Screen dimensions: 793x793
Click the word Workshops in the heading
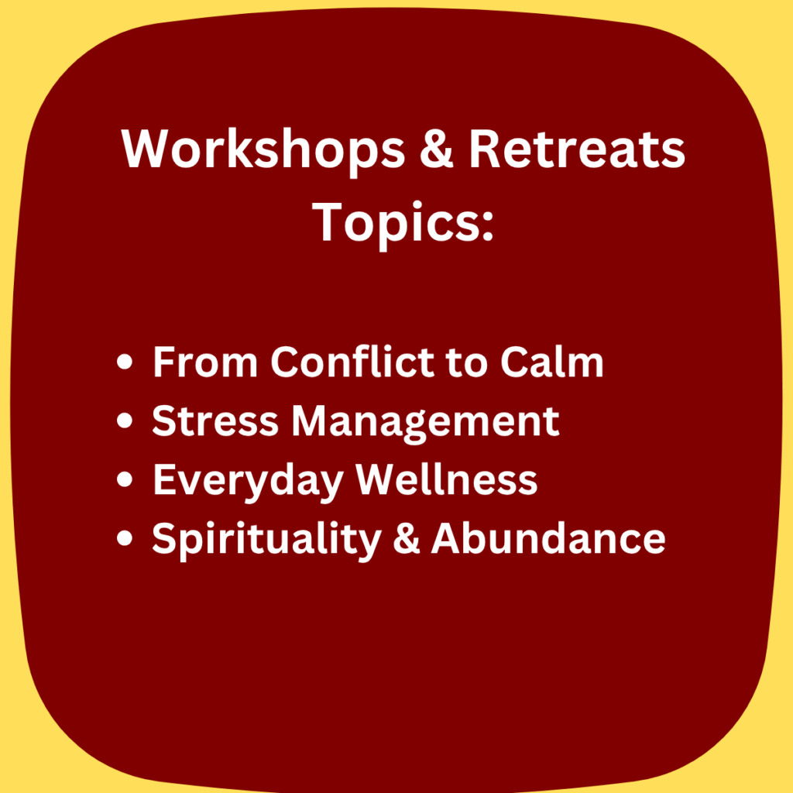pyautogui.click(x=263, y=149)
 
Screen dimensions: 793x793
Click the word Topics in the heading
pyautogui.click(x=396, y=222)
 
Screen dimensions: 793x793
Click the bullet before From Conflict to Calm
pyautogui.click(x=125, y=362)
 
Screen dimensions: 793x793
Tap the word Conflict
pyautogui.click(x=352, y=362)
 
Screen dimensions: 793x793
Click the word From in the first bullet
pyautogui.click(x=204, y=362)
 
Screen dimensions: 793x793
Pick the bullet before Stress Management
pyautogui.click(x=125, y=421)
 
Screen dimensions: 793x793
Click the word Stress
pyautogui.click(x=215, y=421)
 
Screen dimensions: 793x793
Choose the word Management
pyautogui.click(x=425, y=423)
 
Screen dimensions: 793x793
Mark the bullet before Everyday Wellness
pyautogui.click(x=125, y=479)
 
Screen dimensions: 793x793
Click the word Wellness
pyautogui.click(x=447, y=479)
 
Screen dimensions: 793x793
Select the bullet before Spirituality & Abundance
pyautogui.click(x=125, y=537)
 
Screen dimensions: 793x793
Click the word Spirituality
pyautogui.click(x=266, y=540)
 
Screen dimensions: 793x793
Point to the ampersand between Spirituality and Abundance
pyautogui.click(x=406, y=537)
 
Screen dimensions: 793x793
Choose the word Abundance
pyautogui.click(x=548, y=537)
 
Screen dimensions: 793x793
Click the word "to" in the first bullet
pyautogui.click(x=467, y=363)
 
